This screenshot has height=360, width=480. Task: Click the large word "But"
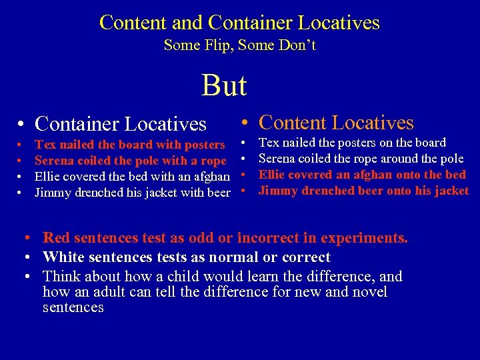224,85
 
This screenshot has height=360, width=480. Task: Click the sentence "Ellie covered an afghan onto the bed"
362,175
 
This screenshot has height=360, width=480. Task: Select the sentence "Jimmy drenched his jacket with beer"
132,193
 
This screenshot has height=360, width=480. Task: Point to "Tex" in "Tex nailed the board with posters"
45,145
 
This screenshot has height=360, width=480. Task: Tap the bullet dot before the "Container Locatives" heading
22,125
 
